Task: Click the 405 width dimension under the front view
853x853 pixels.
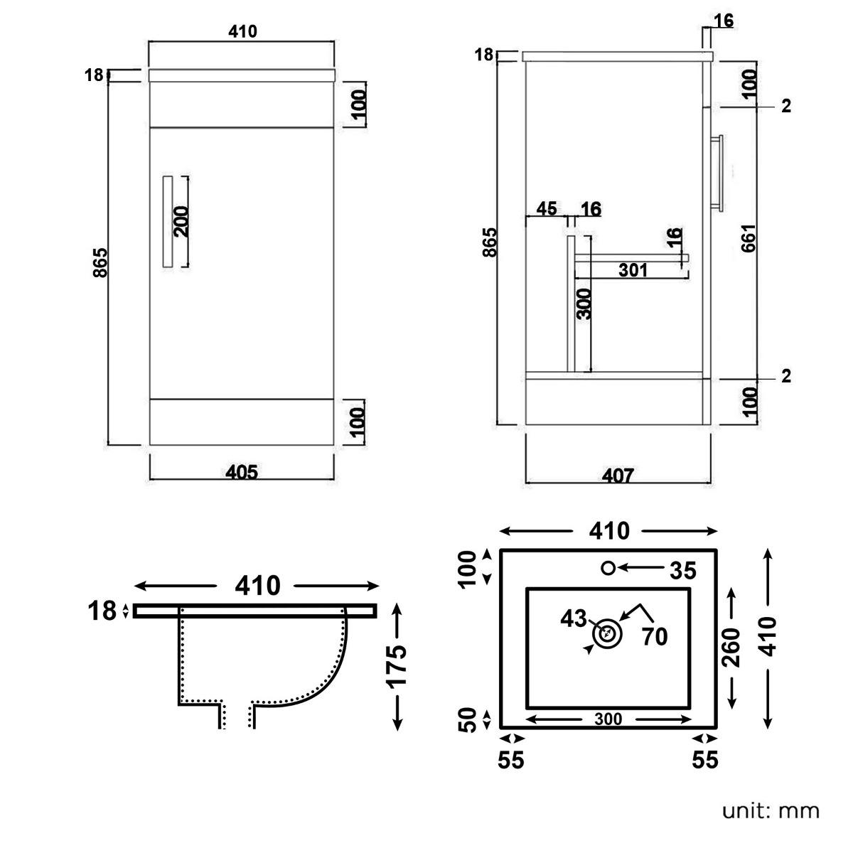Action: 242,472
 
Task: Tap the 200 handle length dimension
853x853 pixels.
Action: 181,222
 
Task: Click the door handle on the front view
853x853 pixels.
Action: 167,222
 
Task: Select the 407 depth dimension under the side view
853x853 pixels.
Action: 618,476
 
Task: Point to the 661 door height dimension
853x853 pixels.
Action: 749,238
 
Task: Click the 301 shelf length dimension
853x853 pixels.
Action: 633,269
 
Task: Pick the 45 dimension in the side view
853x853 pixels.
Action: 547,208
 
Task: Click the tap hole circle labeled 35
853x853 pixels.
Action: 608,568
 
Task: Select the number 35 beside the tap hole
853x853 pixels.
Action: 683,571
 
